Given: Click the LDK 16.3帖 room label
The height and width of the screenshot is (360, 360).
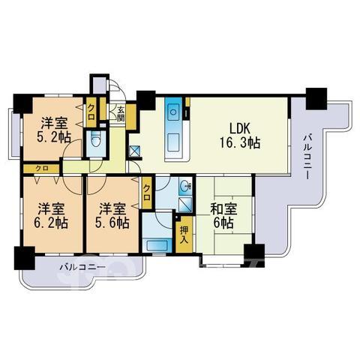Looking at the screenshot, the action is (x=240, y=136).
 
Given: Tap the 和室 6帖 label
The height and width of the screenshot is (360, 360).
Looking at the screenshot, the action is (x=223, y=216).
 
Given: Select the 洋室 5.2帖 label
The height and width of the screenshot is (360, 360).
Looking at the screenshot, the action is (x=54, y=130).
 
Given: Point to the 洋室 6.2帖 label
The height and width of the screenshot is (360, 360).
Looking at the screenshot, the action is (x=51, y=216).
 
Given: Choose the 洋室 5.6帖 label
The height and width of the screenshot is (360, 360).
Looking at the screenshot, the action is (x=112, y=216).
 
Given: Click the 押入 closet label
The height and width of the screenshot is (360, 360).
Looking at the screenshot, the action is (x=184, y=235).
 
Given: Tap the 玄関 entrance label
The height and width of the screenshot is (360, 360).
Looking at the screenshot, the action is (x=121, y=114).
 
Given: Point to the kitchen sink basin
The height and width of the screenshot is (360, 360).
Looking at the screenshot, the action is (x=173, y=112).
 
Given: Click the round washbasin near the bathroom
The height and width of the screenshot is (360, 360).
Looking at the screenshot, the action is (x=185, y=186).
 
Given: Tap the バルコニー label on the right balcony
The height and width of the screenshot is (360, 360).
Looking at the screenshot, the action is (x=307, y=157).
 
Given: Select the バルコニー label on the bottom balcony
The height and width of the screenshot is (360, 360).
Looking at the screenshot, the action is (x=82, y=268).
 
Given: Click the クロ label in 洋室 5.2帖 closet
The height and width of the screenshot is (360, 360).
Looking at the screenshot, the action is (x=91, y=112).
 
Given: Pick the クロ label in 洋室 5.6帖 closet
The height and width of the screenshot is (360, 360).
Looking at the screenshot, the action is (x=147, y=193).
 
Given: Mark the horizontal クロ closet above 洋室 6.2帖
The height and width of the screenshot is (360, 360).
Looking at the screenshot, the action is (x=42, y=168).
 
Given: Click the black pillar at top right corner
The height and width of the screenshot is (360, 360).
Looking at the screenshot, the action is (x=316, y=98).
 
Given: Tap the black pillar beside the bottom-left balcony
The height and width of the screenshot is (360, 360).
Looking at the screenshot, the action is (x=24, y=258).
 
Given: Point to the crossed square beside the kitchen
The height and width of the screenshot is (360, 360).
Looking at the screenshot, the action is (x=135, y=151).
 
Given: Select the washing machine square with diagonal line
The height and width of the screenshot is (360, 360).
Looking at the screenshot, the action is (x=185, y=205).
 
